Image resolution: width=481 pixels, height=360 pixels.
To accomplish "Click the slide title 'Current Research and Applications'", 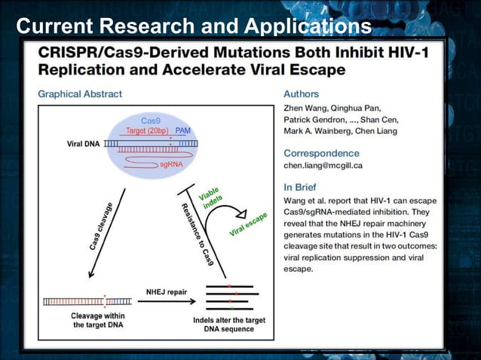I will click(x=193, y=26).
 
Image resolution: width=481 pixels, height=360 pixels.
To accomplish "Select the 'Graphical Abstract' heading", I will click(x=80, y=94).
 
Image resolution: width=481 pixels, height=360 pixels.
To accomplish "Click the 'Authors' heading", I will click(x=301, y=94).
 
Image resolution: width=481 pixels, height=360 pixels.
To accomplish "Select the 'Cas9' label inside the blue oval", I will click(x=151, y=121).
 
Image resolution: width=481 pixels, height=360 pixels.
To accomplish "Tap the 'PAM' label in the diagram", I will click(x=183, y=131).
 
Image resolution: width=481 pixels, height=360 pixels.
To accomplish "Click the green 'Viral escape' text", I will click(x=248, y=224).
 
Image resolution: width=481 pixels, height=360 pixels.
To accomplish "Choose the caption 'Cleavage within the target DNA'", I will click(x=87, y=321).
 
